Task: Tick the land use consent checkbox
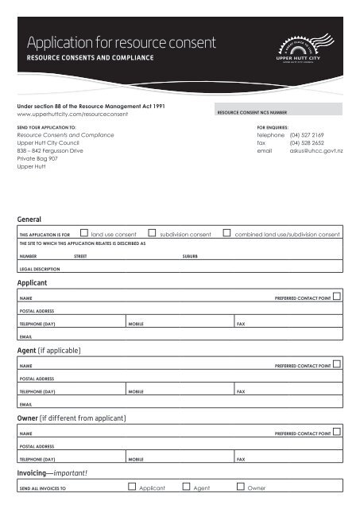point(84,234)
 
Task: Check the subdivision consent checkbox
point(153,234)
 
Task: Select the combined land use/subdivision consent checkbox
point(227,234)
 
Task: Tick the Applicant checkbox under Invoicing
point(132,487)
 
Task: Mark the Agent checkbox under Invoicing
point(186,487)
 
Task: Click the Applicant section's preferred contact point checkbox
point(337,297)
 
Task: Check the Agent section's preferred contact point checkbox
point(337,364)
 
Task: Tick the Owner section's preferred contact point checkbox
point(337,432)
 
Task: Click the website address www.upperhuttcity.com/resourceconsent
point(72,115)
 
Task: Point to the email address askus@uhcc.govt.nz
point(316,150)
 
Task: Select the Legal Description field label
point(40,270)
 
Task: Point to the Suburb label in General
point(190,257)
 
